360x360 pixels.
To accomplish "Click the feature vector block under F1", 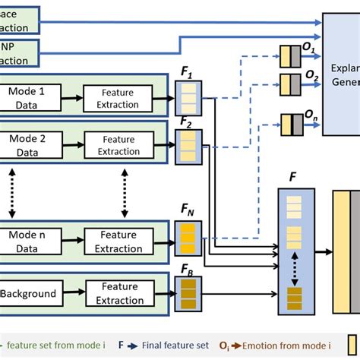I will tap(188, 97).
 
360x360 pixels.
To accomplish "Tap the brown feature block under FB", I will tap(188, 293).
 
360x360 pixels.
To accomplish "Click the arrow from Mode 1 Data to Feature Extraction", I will tap(69, 97).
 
